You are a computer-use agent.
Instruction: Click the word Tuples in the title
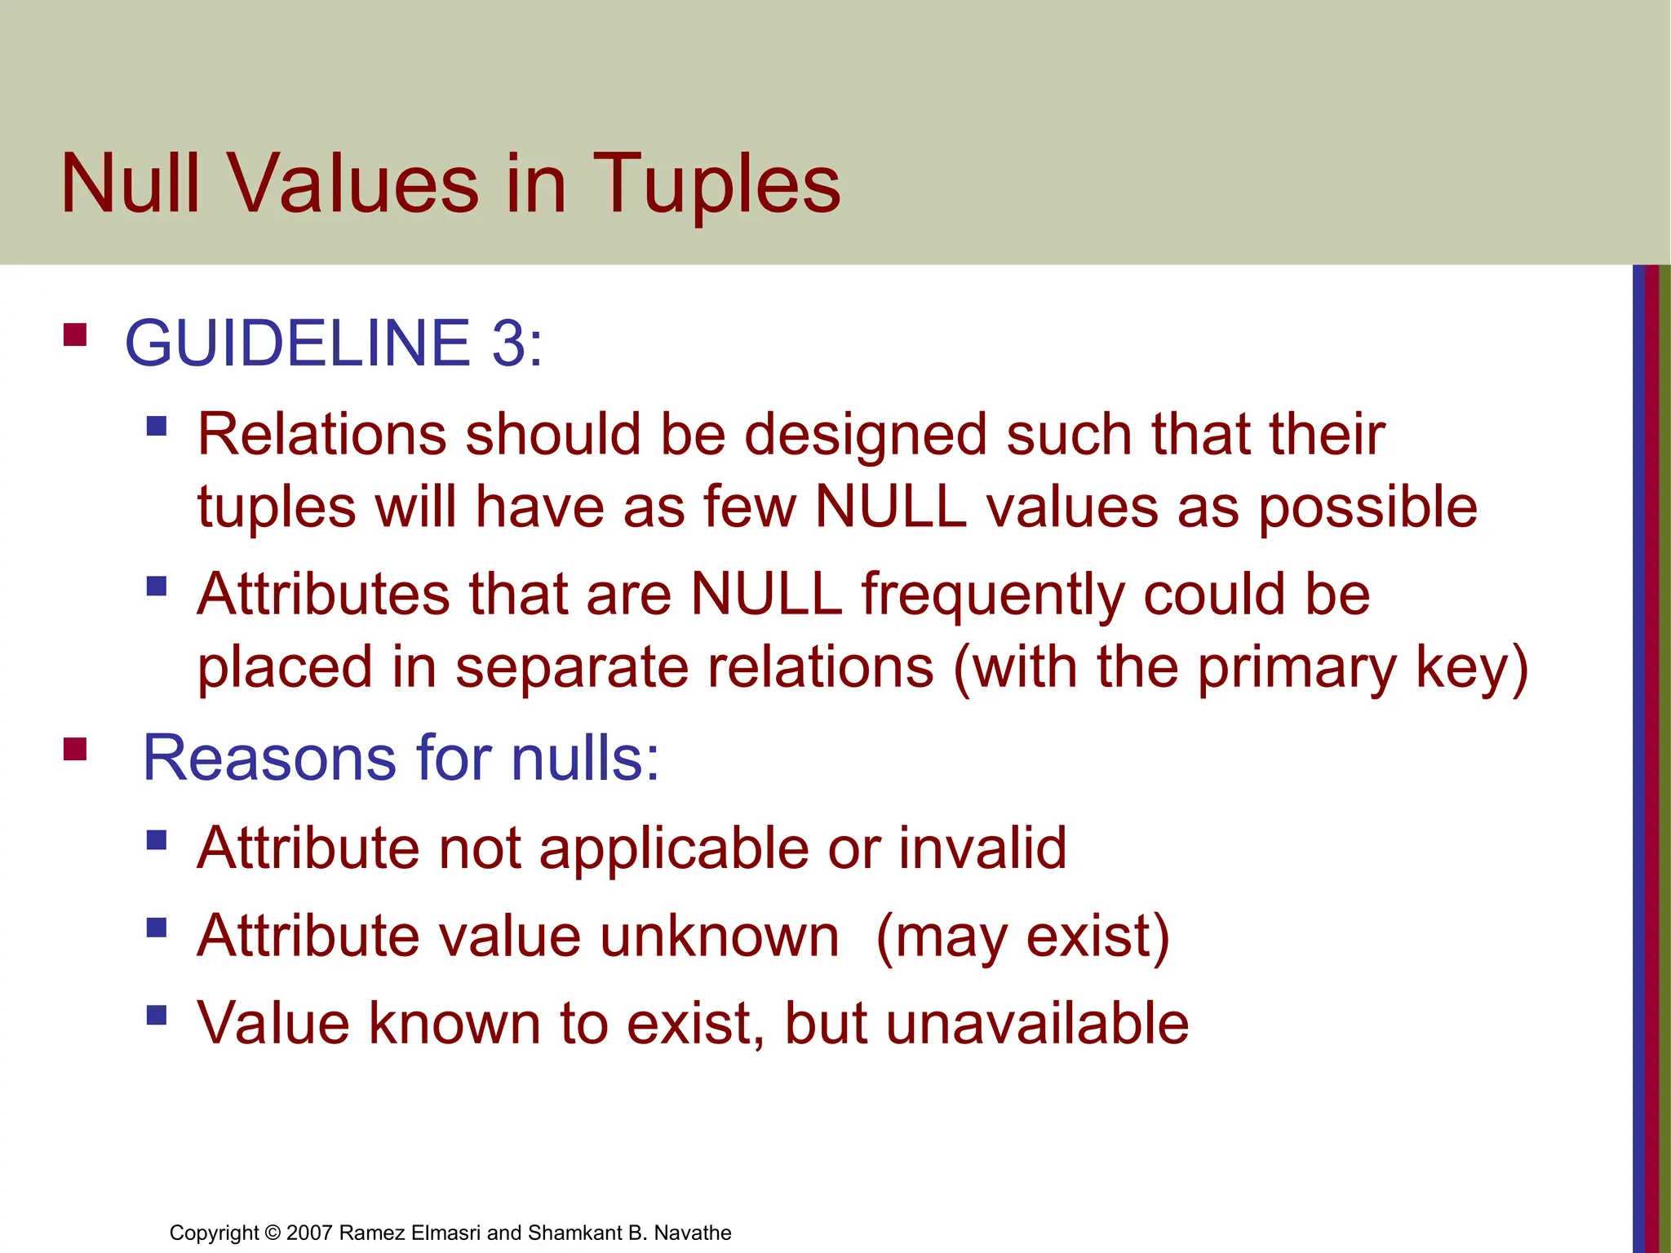[x=716, y=186]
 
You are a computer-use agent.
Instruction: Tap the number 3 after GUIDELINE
[x=509, y=343]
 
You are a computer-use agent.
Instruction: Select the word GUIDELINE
[x=298, y=343]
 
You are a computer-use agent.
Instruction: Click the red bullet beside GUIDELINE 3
[x=75, y=335]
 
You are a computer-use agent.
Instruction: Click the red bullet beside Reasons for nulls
[x=75, y=749]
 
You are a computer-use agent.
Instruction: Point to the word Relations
[x=322, y=434]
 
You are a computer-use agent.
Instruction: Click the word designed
[x=866, y=436]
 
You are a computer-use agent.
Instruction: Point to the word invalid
[x=982, y=848]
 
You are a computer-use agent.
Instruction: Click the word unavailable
[x=1037, y=1023]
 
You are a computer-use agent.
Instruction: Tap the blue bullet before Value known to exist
[x=157, y=1015]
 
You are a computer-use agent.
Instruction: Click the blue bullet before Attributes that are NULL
[x=157, y=587]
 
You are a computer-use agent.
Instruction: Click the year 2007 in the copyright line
[x=309, y=1233]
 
